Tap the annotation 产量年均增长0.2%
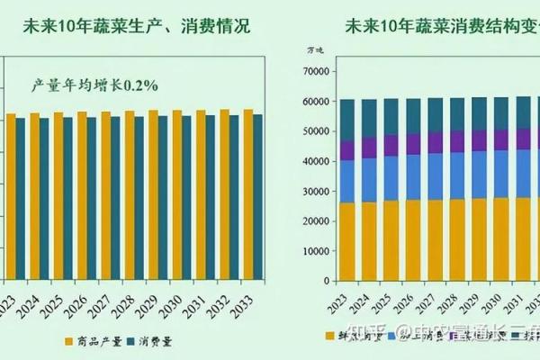tap(94, 85)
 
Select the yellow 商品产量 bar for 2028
tap(130, 193)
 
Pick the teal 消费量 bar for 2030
tap(186, 196)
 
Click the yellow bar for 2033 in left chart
tap(247, 193)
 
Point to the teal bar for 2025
tap(67, 198)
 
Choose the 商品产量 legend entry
tap(98, 342)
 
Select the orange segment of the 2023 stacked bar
tap(347, 242)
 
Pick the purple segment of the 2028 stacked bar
tap(457, 141)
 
